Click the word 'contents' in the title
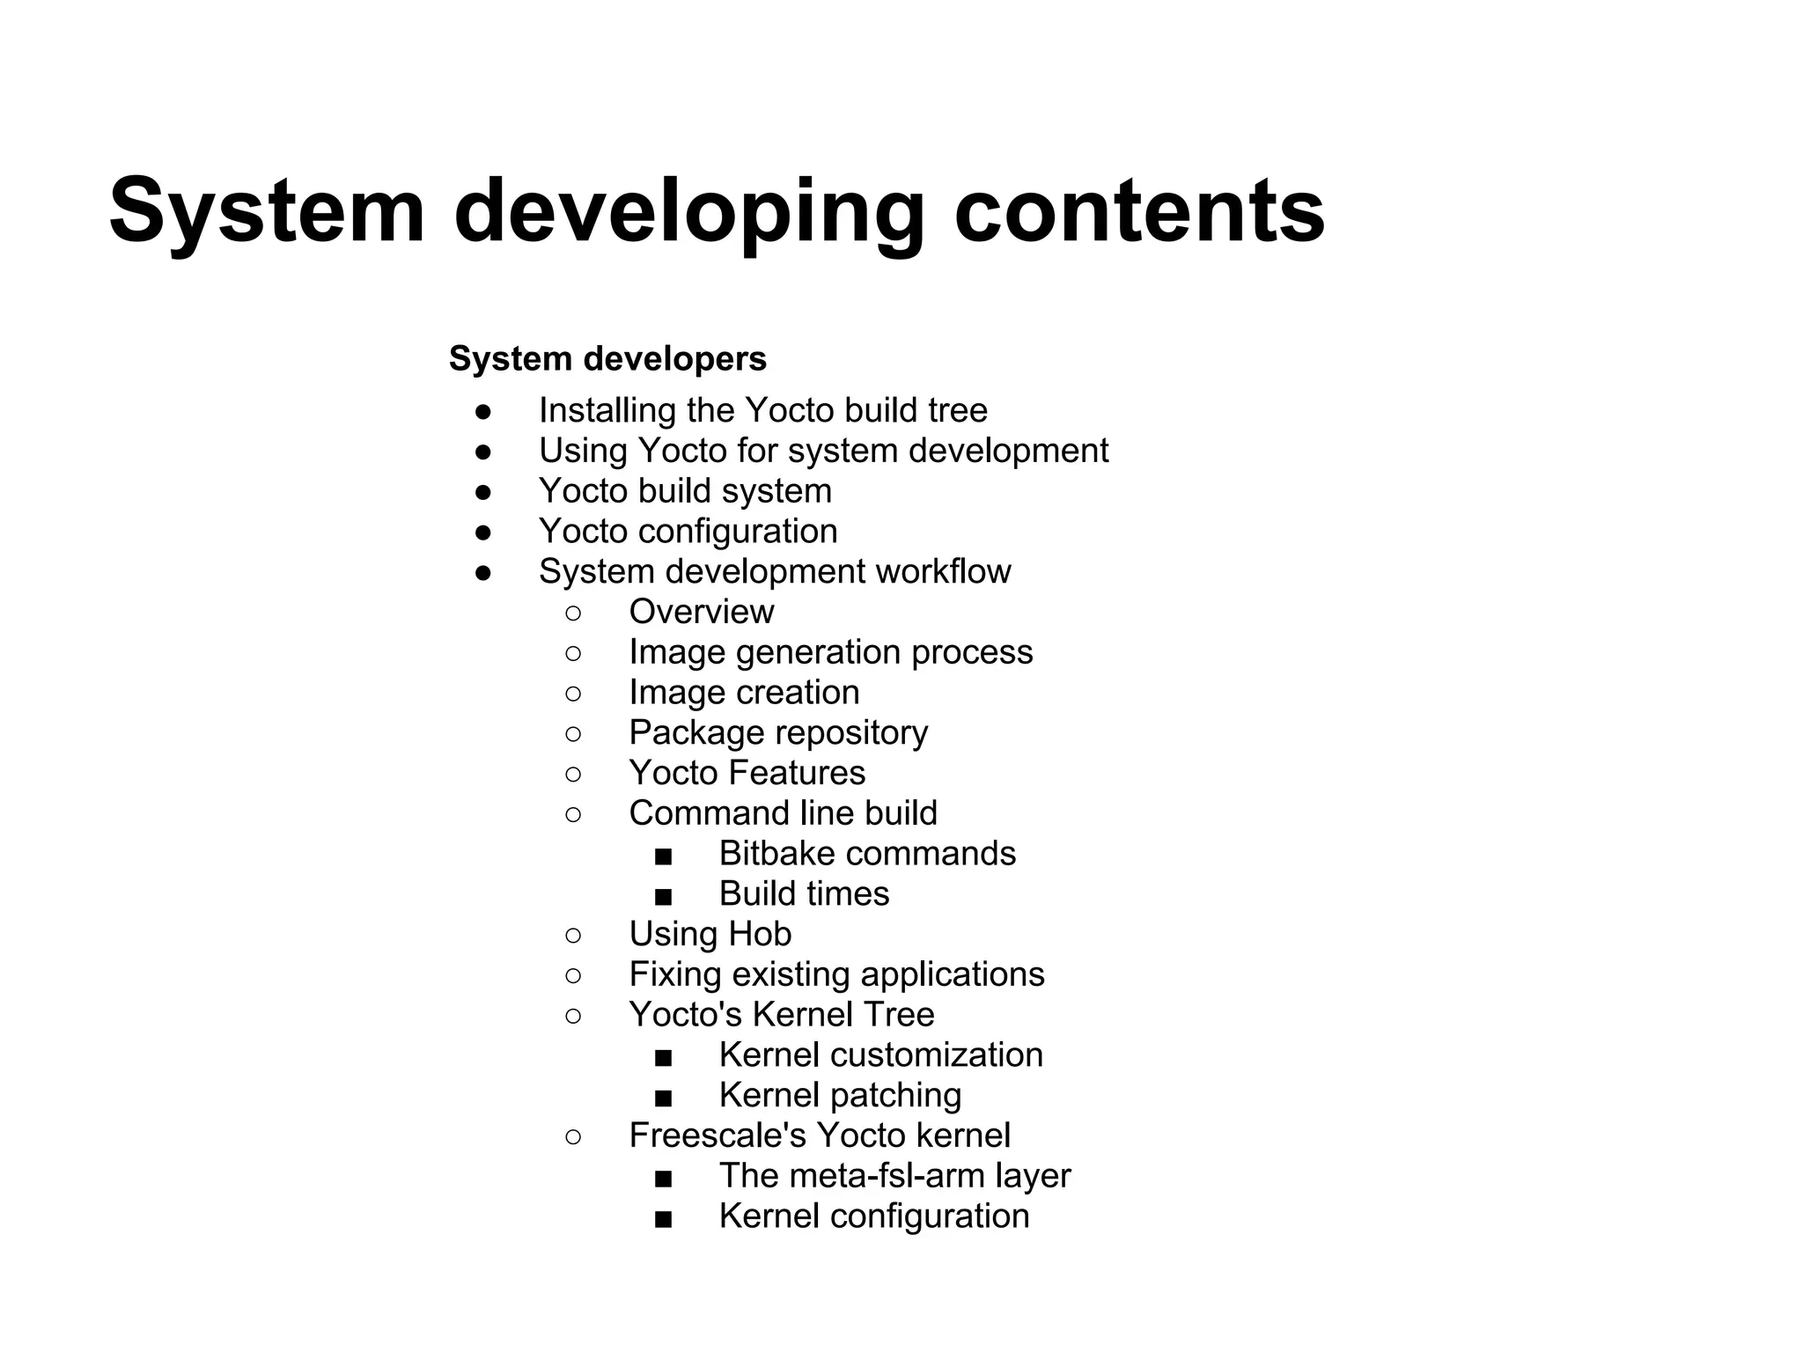(x=1139, y=211)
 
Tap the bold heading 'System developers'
(x=607, y=359)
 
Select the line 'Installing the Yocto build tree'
(x=762, y=410)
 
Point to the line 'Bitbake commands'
(x=866, y=854)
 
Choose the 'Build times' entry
(x=803, y=894)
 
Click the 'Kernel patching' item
(x=839, y=1096)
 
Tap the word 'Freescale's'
(x=717, y=1135)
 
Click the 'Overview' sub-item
(x=701, y=612)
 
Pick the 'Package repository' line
(x=777, y=733)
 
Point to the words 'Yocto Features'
(x=747, y=773)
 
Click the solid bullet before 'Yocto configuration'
(x=482, y=533)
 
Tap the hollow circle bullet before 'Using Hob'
(x=573, y=935)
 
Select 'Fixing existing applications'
(x=835, y=974)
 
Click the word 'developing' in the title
(x=689, y=211)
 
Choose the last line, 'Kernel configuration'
(x=873, y=1216)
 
